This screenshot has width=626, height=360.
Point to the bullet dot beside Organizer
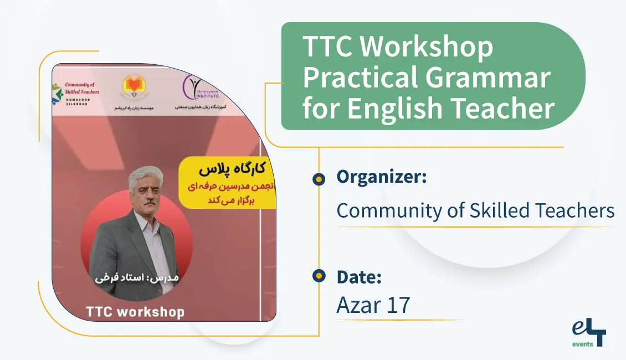[319, 178]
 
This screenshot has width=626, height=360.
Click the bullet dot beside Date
[319, 275]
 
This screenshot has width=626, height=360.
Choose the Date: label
[359, 276]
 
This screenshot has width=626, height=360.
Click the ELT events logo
[589, 333]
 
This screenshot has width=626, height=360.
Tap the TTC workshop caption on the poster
[135, 311]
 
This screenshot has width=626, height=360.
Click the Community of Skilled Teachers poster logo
[78, 92]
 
